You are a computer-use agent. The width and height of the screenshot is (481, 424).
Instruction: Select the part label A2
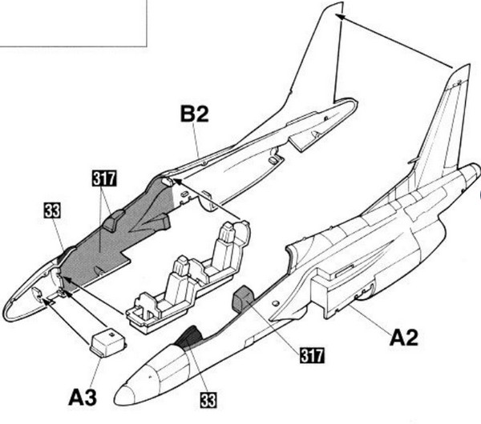(x=406, y=338)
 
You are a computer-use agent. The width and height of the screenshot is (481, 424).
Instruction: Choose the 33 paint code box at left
(x=51, y=212)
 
